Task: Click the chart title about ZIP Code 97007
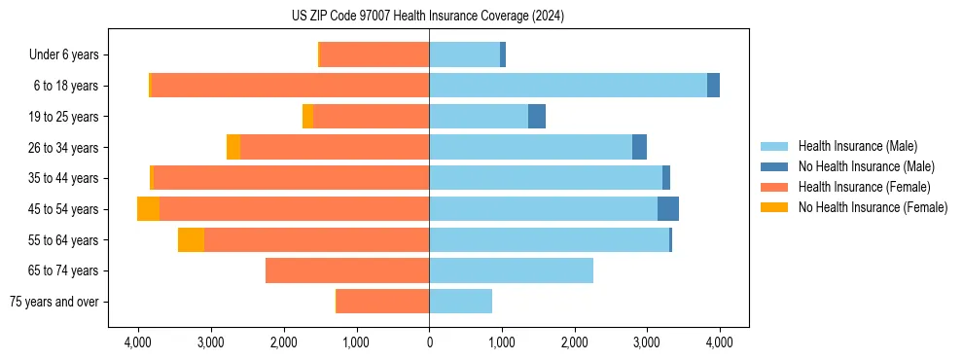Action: pyautogui.click(x=428, y=17)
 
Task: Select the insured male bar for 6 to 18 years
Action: pyautogui.click(x=568, y=86)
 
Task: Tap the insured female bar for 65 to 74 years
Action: pyautogui.click(x=347, y=270)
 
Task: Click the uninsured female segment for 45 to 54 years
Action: pyautogui.click(x=148, y=209)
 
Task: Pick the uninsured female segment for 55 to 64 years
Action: pyautogui.click(x=191, y=239)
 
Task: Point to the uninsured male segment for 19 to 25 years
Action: pyautogui.click(x=537, y=117)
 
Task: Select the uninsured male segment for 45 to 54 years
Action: pyautogui.click(x=668, y=209)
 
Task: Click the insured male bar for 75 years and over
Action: pyautogui.click(x=460, y=302)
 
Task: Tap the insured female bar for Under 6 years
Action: pyautogui.click(x=374, y=54)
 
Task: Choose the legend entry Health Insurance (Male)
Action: pyautogui.click(x=857, y=146)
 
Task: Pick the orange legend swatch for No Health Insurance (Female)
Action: pyautogui.click(x=775, y=207)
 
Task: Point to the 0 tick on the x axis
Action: pyautogui.click(x=429, y=342)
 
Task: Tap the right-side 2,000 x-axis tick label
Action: pyautogui.click(x=574, y=342)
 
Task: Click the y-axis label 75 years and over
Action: pyautogui.click(x=54, y=302)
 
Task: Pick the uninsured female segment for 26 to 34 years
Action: pyautogui.click(x=233, y=147)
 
